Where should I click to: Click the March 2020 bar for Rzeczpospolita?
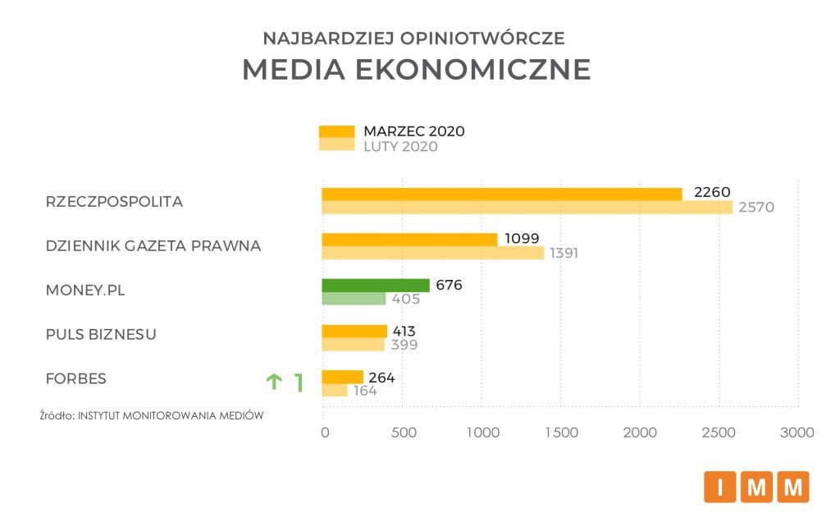(x=501, y=194)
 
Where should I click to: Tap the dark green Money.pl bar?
(x=375, y=286)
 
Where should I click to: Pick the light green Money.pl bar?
(x=354, y=299)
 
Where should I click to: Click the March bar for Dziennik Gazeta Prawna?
(x=409, y=240)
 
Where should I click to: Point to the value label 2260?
(x=711, y=193)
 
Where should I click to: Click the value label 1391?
(x=564, y=253)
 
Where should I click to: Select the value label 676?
(x=449, y=286)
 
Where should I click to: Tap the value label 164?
(x=364, y=391)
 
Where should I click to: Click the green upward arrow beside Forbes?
(x=273, y=382)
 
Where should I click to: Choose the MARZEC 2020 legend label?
(x=414, y=131)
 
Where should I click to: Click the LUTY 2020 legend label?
(x=400, y=147)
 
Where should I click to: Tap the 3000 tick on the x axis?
(x=797, y=433)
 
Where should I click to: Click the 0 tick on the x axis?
(x=325, y=433)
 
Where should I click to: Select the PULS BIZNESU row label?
(x=101, y=334)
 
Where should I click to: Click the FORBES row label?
(x=76, y=378)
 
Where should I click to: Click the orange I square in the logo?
(x=719, y=487)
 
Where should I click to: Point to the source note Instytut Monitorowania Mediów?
(x=152, y=415)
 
